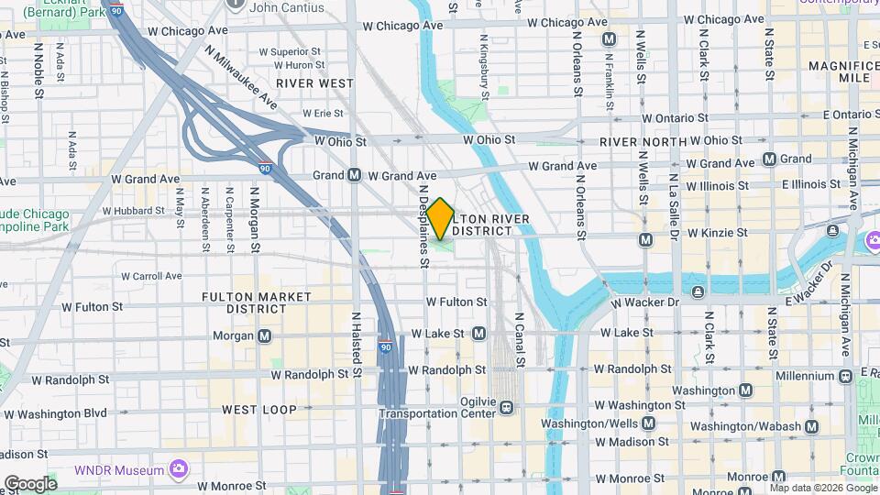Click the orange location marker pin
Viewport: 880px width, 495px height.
tap(440, 218)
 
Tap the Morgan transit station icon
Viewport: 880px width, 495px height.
tap(265, 335)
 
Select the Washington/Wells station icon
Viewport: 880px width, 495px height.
tap(649, 423)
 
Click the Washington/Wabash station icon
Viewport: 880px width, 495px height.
tap(810, 426)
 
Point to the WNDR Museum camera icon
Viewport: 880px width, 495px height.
tap(178, 469)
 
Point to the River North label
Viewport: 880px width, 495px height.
tap(643, 142)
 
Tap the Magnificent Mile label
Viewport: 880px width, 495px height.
tap(843, 71)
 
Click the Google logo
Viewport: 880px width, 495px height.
tap(30, 483)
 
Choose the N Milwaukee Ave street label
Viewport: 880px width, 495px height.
tap(240, 77)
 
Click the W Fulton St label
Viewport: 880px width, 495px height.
tap(456, 302)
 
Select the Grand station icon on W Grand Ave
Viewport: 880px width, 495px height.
tap(354, 175)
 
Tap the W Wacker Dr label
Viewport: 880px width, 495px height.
tap(645, 302)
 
